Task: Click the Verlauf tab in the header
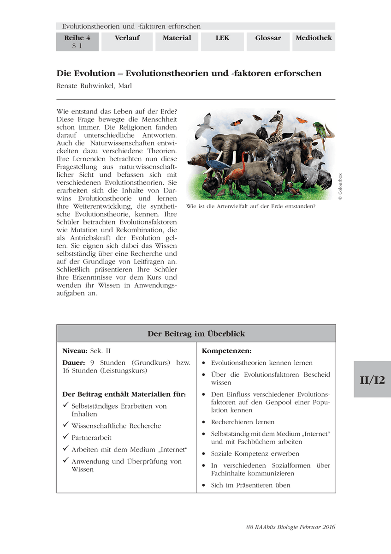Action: click(127, 38)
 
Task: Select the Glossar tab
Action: click(268, 38)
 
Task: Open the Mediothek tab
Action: click(314, 38)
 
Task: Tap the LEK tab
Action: click(222, 38)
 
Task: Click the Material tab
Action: click(177, 38)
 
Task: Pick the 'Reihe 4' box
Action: click(77, 42)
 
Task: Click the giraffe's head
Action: click(277, 117)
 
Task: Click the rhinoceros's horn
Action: click(280, 175)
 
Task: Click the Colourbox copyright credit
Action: click(340, 187)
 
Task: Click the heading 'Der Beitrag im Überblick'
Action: click(196, 333)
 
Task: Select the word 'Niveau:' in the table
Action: click(75, 351)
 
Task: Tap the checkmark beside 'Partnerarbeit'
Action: click(65, 437)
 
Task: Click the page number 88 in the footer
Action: click(250, 527)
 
